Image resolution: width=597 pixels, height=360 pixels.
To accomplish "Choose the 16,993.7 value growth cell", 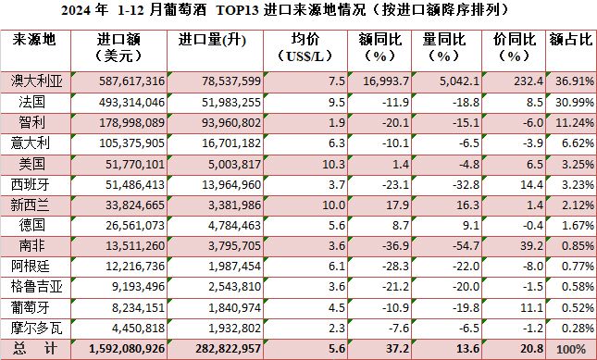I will coord(383,81).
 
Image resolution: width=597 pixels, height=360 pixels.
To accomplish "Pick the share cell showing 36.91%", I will coord(571,81).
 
